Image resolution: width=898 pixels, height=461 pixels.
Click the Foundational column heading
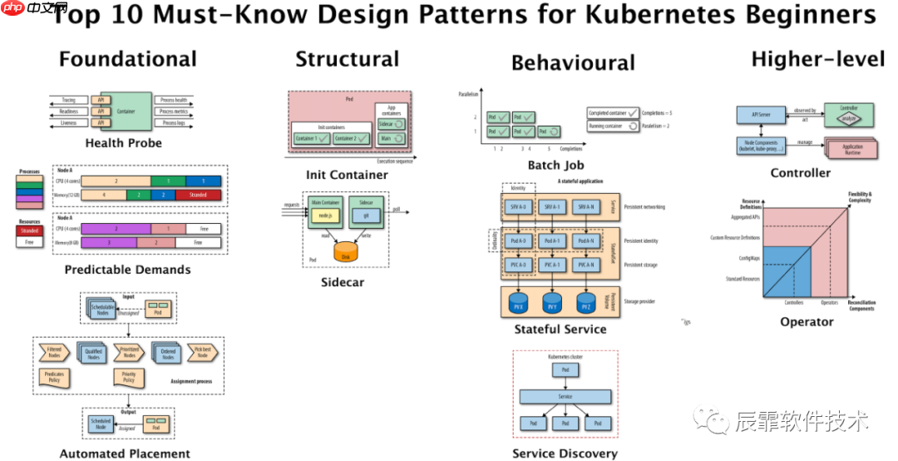(x=127, y=59)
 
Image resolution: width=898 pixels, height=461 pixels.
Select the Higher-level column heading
(x=817, y=58)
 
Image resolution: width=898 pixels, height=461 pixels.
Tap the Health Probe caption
(x=123, y=143)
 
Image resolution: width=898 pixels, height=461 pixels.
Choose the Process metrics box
(x=174, y=112)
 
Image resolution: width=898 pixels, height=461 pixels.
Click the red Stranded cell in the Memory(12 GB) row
(x=198, y=196)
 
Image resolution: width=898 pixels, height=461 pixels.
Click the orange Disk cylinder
(x=348, y=251)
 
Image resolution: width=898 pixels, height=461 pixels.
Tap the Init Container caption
(x=347, y=175)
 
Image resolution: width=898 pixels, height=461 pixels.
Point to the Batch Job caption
(x=555, y=165)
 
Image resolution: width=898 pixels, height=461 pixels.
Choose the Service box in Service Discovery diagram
(x=565, y=396)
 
